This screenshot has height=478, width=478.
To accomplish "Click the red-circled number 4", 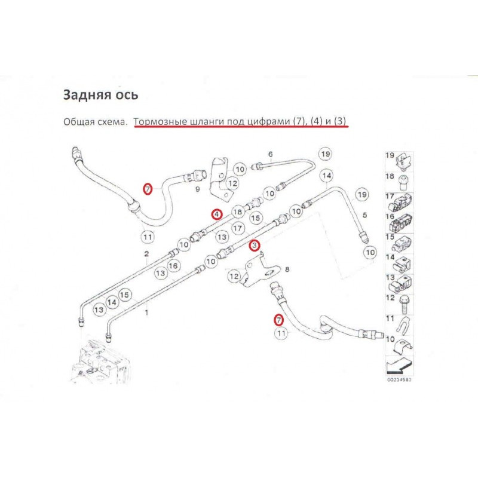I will [216, 213].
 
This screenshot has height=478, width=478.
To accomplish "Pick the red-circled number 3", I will [254, 245].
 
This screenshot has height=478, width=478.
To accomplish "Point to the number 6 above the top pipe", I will [270, 155].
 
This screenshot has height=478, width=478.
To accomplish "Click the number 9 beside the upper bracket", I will [197, 189].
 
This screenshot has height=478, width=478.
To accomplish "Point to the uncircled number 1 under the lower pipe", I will [148, 311].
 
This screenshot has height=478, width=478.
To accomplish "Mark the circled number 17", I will [238, 228].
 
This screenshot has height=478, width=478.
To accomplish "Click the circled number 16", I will [173, 265].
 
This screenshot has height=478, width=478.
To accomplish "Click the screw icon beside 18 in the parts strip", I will [404, 177].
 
